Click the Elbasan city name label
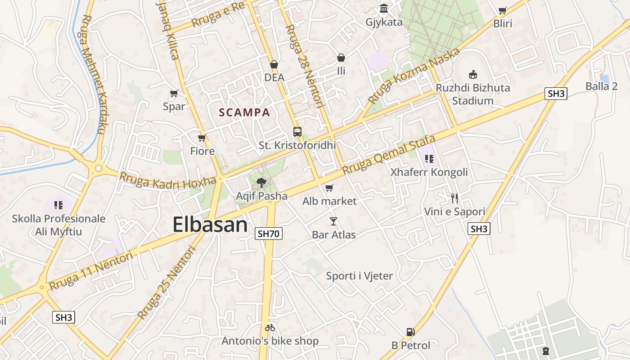[210, 225]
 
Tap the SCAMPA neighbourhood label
[244, 112]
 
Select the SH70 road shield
[268, 234]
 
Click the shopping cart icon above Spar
[174, 94]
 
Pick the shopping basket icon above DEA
[274, 64]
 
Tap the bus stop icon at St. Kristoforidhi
[297, 132]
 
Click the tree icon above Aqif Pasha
[261, 183]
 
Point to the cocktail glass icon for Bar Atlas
[333, 221]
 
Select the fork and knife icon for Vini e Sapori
[454, 198]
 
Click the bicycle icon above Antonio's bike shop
[270, 328]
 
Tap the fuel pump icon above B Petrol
[410, 332]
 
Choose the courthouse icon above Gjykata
[384, 9]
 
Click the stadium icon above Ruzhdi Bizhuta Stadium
[472, 74]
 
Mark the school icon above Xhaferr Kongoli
[429, 158]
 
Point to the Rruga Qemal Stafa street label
[389, 155]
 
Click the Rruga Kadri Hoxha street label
[167, 180]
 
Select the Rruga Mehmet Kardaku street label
[93, 74]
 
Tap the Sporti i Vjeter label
[359, 276]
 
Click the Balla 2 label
[601, 86]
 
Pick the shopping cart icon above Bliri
[503, 10]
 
